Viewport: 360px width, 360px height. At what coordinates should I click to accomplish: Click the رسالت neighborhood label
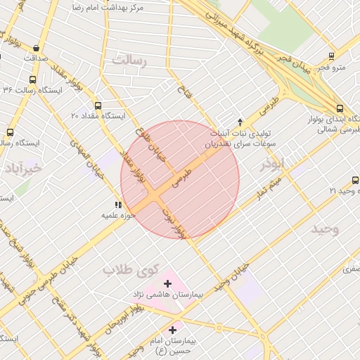click(133, 61)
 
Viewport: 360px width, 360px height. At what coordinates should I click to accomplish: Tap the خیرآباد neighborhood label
click(22, 169)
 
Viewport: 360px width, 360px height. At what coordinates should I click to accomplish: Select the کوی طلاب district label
click(127, 269)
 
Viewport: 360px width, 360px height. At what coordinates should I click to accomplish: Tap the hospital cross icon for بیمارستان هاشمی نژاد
click(167, 283)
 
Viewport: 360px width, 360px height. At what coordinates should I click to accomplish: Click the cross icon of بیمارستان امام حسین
click(173, 329)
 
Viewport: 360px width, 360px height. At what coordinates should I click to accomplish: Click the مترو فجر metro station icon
click(332, 56)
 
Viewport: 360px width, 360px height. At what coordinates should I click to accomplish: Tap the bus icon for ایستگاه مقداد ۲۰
click(97, 105)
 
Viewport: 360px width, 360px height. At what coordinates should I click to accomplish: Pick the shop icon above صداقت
click(37, 48)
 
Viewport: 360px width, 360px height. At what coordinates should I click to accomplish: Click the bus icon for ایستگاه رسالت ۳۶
click(32, 79)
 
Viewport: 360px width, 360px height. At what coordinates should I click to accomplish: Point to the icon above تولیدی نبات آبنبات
click(240, 122)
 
